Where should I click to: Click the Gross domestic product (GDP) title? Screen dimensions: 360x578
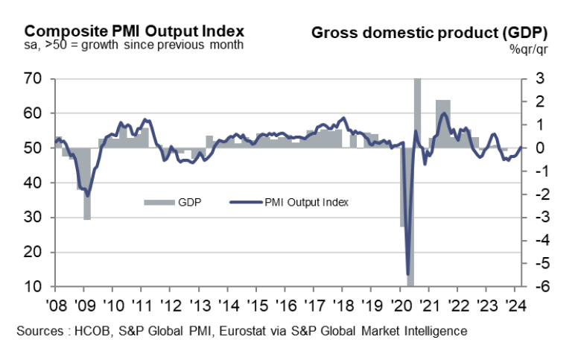[429, 33]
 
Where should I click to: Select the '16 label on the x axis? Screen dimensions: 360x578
[285, 304]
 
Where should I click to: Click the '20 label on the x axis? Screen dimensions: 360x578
[400, 304]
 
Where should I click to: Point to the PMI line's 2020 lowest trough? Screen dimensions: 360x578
[408, 274]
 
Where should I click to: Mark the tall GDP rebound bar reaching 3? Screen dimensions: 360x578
[418, 112]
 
